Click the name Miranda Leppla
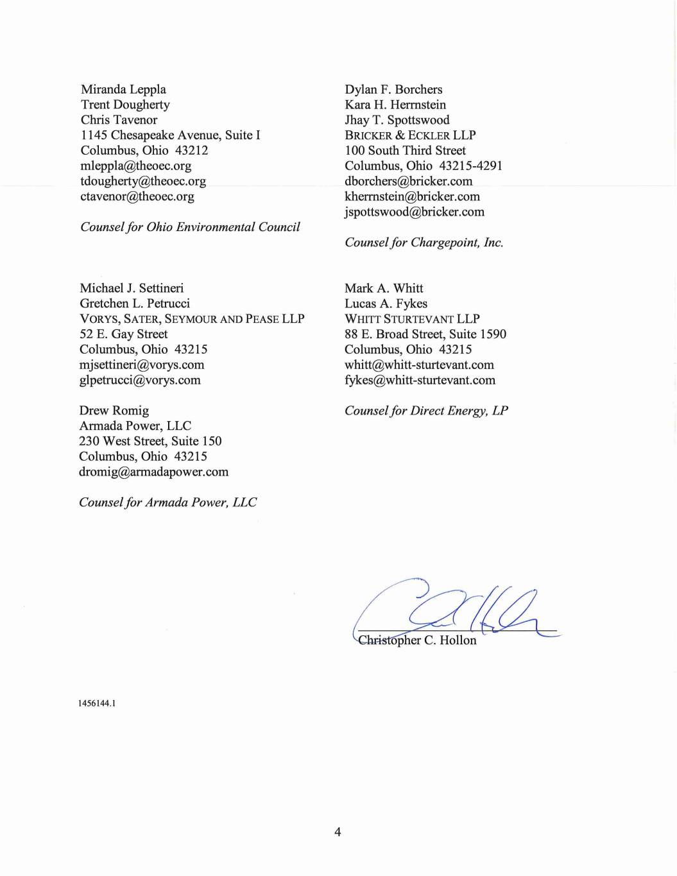pyautogui.click(x=123, y=89)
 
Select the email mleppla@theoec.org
pyautogui.click(x=136, y=166)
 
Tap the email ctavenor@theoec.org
pyautogui.click(x=137, y=196)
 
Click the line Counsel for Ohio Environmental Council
pyautogui.click(x=190, y=227)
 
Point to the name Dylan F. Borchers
pyautogui.click(x=393, y=89)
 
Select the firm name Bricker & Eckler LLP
pyautogui.click(x=410, y=135)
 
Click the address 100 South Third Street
pyautogui.click(x=405, y=151)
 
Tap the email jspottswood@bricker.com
pyautogui.click(x=415, y=212)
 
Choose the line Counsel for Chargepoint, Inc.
pyautogui.click(x=424, y=243)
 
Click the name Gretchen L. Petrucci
pyautogui.click(x=135, y=304)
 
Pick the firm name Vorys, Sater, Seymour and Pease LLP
pyautogui.click(x=192, y=319)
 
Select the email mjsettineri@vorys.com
pyautogui.click(x=142, y=365)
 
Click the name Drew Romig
pyautogui.click(x=114, y=411)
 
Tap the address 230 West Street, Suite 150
pyautogui.click(x=150, y=442)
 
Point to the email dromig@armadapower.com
pyautogui.click(x=153, y=472)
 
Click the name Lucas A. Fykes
pyautogui.click(x=386, y=304)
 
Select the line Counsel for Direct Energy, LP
pyautogui.click(x=426, y=411)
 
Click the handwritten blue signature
pyautogui.click(x=449, y=610)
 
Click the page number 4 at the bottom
pyautogui.click(x=338, y=832)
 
